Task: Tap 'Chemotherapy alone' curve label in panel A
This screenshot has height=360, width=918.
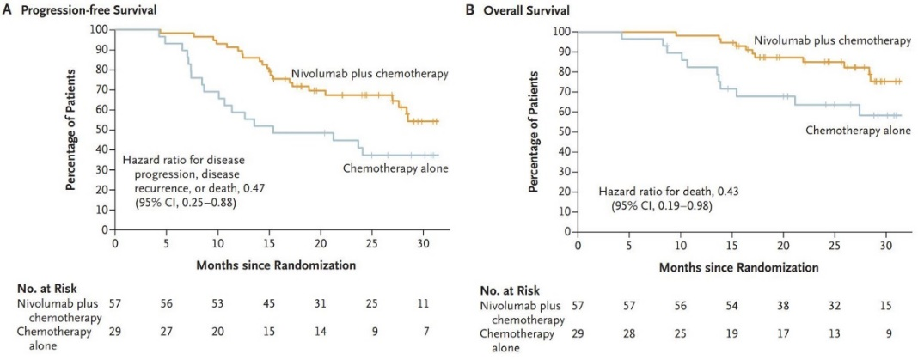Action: click(x=397, y=168)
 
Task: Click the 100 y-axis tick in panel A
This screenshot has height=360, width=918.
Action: click(x=100, y=29)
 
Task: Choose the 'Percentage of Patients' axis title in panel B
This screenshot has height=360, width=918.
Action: click(x=534, y=131)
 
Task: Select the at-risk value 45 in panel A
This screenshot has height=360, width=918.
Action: click(x=270, y=303)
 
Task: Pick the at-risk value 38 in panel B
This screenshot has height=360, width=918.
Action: click(x=783, y=307)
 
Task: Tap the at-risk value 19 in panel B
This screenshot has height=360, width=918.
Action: click(x=731, y=333)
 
